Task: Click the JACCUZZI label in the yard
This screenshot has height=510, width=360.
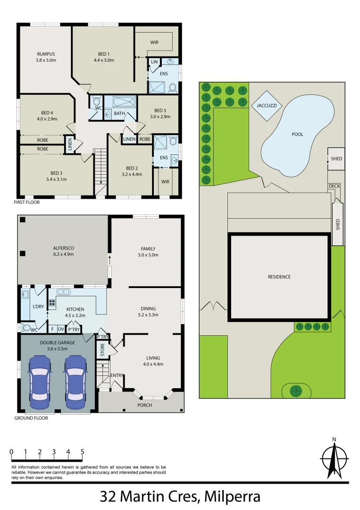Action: (267, 106)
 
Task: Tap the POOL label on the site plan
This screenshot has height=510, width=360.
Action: (297, 134)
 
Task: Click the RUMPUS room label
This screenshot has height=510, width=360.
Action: (46, 54)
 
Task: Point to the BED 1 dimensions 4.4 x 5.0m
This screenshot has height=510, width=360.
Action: (104, 60)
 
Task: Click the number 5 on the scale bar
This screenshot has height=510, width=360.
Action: (82, 452)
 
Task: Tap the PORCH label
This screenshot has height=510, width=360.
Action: (144, 405)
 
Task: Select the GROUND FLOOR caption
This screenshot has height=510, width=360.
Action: (31, 418)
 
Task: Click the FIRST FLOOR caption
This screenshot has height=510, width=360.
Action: (27, 202)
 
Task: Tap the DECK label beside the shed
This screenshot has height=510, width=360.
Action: (334, 186)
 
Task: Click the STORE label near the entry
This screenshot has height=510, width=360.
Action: (102, 350)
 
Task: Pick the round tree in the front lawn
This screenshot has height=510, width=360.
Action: (296, 391)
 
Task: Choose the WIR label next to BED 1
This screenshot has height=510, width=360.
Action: (154, 42)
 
